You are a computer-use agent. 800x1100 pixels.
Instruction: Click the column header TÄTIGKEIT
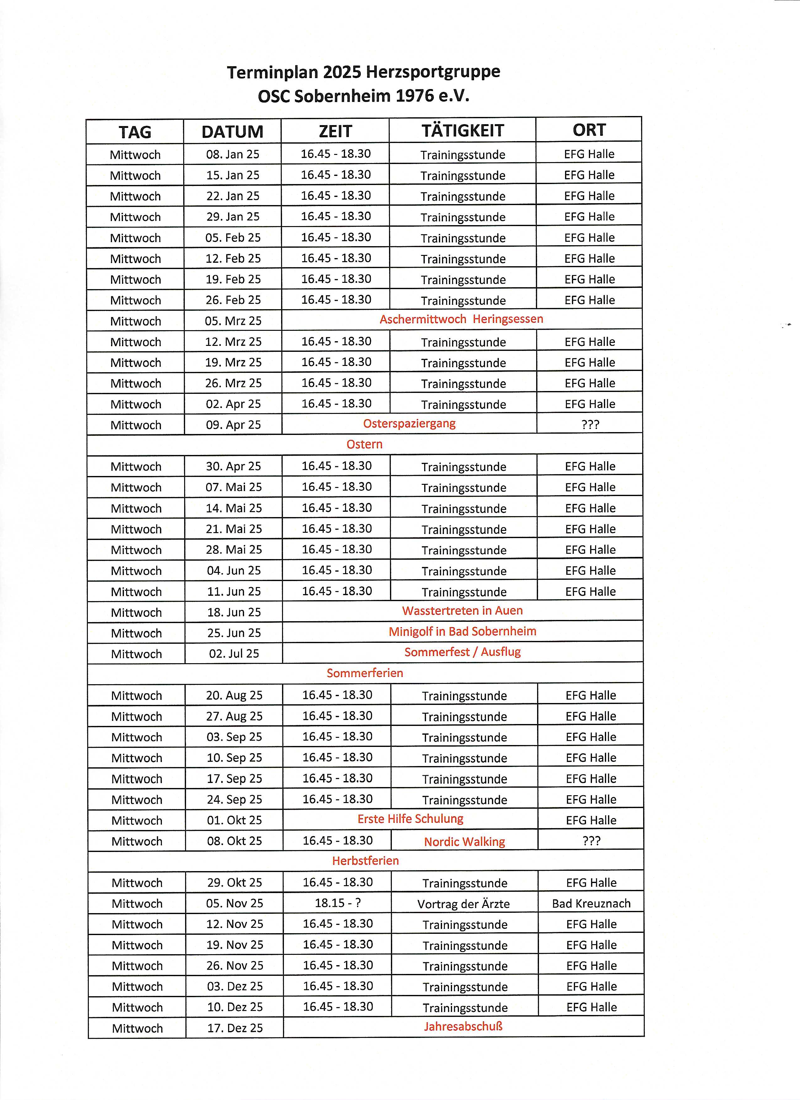462,130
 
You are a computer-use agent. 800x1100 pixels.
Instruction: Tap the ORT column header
589,130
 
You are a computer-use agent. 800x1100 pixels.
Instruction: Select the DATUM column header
232,131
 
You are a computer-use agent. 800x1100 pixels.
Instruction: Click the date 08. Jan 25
233,154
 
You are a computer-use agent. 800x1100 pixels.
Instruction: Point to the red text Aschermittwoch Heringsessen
461,319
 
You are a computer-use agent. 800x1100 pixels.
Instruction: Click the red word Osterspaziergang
409,423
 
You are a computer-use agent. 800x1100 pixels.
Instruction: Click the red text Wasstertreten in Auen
462,611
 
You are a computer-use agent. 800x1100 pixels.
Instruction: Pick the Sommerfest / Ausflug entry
462,652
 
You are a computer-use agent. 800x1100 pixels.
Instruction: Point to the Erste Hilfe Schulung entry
410,819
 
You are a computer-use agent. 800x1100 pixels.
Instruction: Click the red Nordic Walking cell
464,842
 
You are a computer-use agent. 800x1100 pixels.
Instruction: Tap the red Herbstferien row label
365,861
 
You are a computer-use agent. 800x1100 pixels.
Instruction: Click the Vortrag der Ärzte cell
463,904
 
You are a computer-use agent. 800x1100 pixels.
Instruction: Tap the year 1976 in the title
415,96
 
